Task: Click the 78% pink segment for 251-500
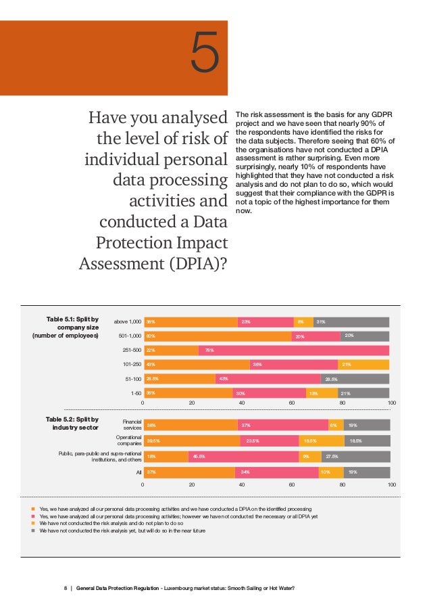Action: click(294, 350)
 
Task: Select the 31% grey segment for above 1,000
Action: click(351, 322)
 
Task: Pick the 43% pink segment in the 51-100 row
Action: click(266, 379)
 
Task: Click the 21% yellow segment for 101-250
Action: click(363, 365)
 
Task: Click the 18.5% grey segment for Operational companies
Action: click(367, 441)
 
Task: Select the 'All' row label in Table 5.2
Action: click(138, 473)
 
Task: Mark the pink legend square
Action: click(34, 516)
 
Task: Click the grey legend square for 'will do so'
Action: click(34, 531)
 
